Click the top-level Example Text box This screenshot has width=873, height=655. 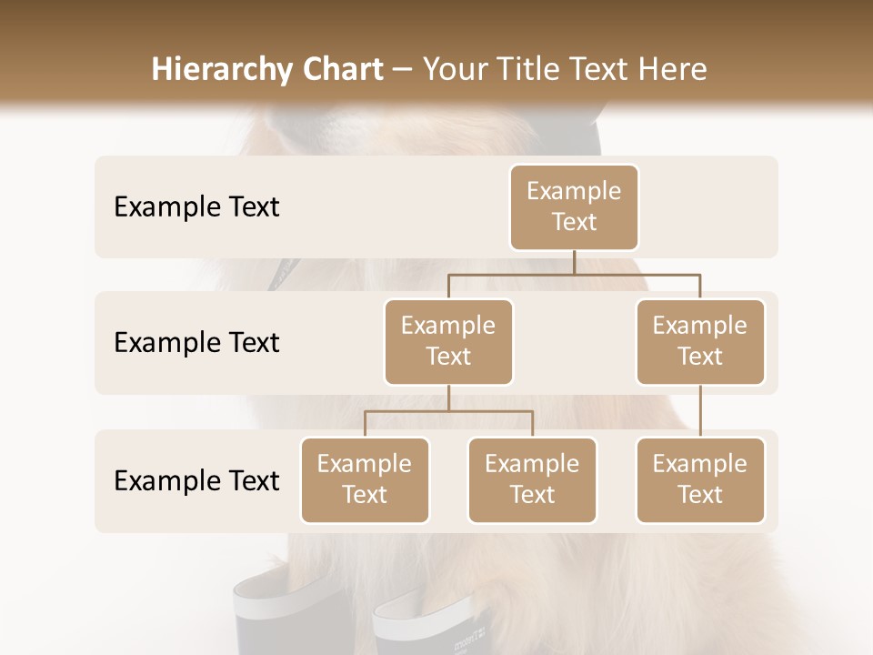[574, 207]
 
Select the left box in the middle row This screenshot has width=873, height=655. [448, 341]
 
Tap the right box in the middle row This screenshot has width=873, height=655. [700, 341]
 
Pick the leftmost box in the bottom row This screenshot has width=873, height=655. [365, 479]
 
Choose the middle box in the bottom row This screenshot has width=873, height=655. [532, 479]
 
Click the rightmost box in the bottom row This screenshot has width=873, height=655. [700, 479]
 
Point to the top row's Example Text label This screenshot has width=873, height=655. [196, 207]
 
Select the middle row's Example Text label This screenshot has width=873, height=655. [196, 342]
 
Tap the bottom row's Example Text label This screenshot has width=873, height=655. [196, 480]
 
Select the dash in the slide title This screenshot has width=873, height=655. [403, 70]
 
